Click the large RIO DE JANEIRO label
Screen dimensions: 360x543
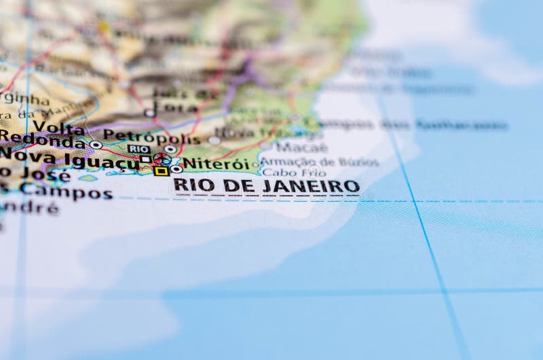pos(266,185)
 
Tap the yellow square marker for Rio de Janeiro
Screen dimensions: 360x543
pos(161,171)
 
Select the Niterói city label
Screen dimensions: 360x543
pos(217,164)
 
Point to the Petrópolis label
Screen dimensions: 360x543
pos(151,137)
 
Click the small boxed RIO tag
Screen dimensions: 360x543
pos(139,149)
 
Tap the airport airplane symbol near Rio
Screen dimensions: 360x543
pos(162,159)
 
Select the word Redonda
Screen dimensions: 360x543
pos(42,141)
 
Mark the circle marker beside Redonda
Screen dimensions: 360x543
pos(96,145)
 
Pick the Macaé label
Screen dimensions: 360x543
pos(302,147)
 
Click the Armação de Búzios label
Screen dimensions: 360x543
pos(320,162)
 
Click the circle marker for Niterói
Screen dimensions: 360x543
pos(176,168)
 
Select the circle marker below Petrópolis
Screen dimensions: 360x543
pos(170,149)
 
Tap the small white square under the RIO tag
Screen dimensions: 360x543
pos(145,160)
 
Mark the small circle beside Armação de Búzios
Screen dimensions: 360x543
pos(256,164)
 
